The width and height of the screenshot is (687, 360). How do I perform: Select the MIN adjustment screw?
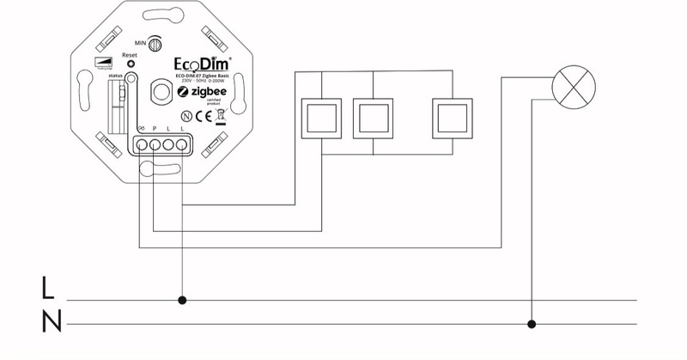pyautogui.click(x=156, y=42)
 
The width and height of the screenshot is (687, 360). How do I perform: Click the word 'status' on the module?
pyautogui.click(x=116, y=76)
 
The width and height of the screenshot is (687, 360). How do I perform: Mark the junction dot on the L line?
pyautogui.click(x=182, y=301)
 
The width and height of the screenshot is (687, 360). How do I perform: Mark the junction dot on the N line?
pyautogui.click(x=532, y=324)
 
